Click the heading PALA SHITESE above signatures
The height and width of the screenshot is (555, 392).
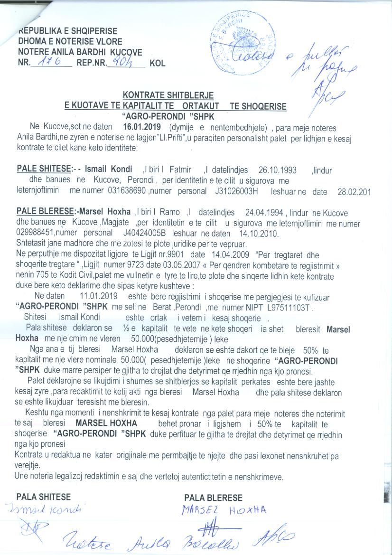(x=44, y=497)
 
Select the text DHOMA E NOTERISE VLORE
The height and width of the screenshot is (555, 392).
(x=70, y=41)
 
